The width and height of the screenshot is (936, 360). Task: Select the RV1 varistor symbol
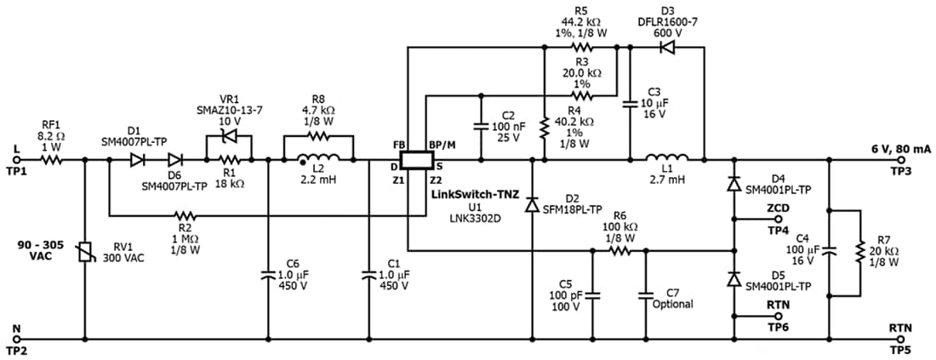coord(84,250)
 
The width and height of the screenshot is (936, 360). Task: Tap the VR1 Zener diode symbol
coord(228,138)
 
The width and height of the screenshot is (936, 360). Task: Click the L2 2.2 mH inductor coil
coord(320,157)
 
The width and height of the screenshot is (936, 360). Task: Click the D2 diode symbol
coord(532,205)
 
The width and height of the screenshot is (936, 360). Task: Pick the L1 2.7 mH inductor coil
coord(667,157)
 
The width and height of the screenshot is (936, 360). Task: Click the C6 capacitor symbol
coord(268,275)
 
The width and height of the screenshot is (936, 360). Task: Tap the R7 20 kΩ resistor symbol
coord(860,252)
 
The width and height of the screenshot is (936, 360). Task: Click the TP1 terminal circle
coord(15,159)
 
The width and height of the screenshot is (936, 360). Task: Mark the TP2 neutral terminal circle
coord(15,338)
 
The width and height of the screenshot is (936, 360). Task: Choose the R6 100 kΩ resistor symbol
coord(619,251)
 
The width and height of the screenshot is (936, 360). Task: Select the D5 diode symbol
coord(733,279)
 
